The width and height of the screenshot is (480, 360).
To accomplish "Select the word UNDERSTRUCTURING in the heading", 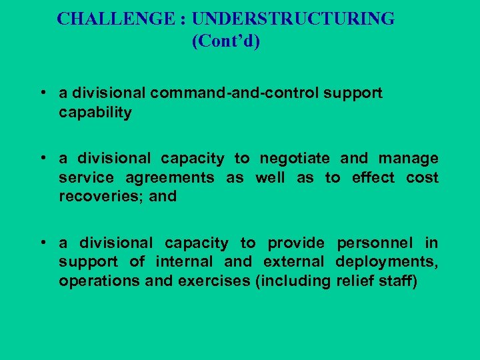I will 293,19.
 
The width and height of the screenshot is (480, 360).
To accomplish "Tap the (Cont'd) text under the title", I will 226,41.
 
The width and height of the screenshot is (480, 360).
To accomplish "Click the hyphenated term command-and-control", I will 235,93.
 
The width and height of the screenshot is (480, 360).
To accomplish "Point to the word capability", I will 95,113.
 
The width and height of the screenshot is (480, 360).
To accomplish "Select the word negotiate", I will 295,159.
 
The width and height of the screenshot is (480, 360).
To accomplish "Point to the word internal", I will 183,262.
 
